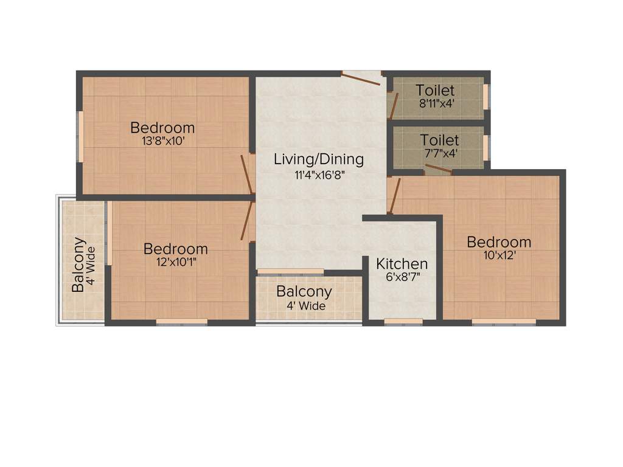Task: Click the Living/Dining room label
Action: click(x=318, y=160)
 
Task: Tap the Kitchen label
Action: click(x=402, y=264)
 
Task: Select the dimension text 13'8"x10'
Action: click(x=162, y=141)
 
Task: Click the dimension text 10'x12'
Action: click(x=498, y=255)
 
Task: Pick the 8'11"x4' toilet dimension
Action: click(x=436, y=103)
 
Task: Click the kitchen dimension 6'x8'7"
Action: click(x=402, y=277)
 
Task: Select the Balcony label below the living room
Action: click(x=304, y=291)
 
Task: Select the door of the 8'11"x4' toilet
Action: click(x=394, y=105)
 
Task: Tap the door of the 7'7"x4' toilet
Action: click(x=438, y=168)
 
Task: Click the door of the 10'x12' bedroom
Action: click(x=393, y=196)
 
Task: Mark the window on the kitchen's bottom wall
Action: click(x=403, y=321)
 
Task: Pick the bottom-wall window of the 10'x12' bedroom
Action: click(x=504, y=321)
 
